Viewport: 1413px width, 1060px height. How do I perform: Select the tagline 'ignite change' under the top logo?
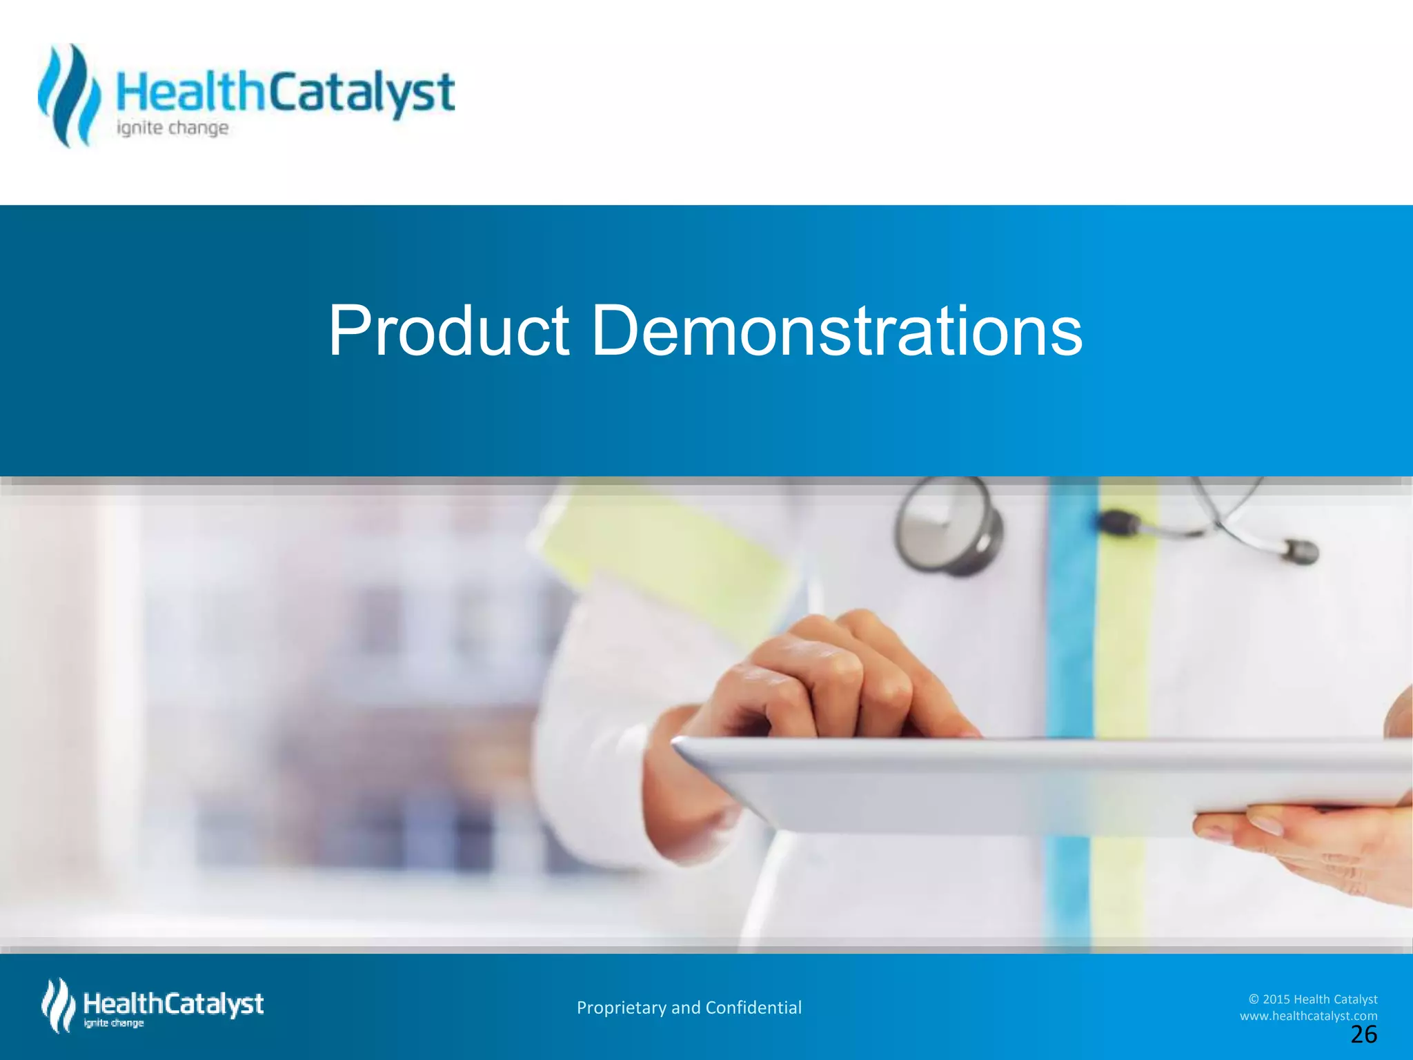tap(172, 128)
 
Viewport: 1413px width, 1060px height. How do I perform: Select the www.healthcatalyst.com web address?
tap(1308, 1016)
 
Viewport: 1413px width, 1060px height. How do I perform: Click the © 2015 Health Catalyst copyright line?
tap(1312, 999)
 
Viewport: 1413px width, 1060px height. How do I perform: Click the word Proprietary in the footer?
tap(622, 1008)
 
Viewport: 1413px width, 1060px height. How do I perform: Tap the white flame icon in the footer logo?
tap(58, 1005)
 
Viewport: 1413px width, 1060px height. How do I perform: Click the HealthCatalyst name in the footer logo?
tap(173, 1003)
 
